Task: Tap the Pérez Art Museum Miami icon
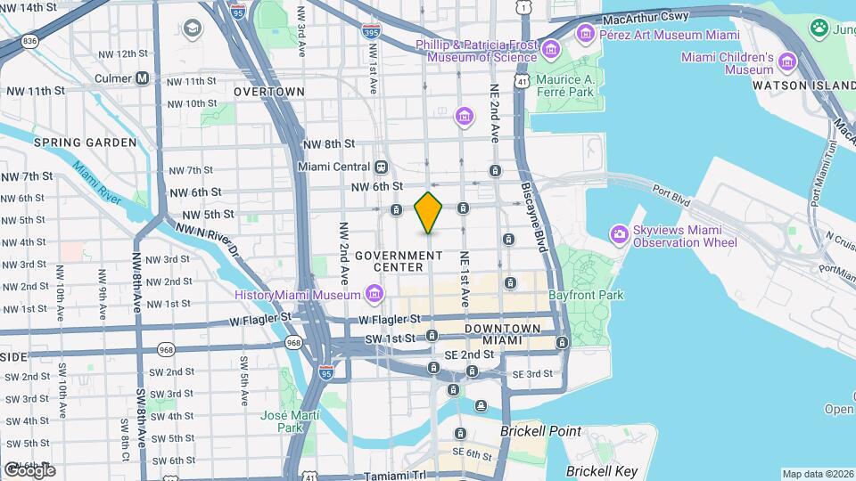(586, 35)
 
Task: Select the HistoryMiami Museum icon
(374, 295)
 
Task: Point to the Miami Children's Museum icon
(786, 62)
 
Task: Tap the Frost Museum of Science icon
(551, 48)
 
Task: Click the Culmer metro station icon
(143, 78)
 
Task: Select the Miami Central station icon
(381, 167)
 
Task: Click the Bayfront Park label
(587, 295)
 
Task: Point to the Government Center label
(399, 261)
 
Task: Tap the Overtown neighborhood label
(268, 92)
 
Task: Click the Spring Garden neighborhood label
(86, 143)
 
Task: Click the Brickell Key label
(602, 470)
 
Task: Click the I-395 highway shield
(370, 30)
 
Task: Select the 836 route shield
(30, 41)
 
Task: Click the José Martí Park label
(284, 421)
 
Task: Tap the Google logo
(29, 469)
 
